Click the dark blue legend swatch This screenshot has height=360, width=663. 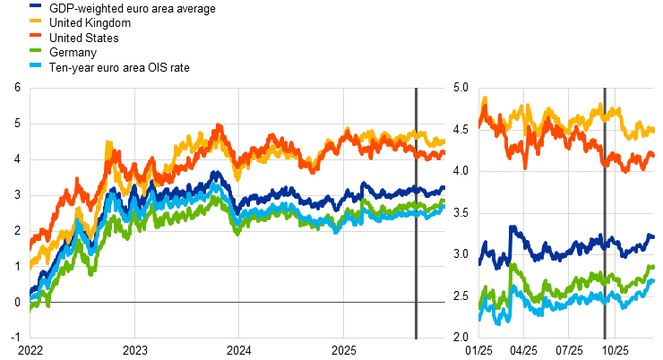(x=35, y=5)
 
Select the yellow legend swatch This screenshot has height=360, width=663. (x=35, y=20)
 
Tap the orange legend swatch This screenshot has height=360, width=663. (x=35, y=34)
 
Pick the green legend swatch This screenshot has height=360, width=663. (x=35, y=49)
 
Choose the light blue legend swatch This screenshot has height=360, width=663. (x=35, y=64)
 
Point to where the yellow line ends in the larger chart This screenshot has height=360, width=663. (x=443, y=141)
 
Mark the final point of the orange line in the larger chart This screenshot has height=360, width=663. (x=443, y=152)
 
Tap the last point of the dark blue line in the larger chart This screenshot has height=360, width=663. (x=443, y=188)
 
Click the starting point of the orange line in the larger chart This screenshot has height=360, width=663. (x=30, y=243)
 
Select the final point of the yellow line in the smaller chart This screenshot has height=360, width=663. (x=653, y=130)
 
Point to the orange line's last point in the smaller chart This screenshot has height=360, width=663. (x=653, y=154)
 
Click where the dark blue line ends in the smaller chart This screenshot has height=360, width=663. (x=653, y=236)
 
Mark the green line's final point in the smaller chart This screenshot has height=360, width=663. (x=653, y=266)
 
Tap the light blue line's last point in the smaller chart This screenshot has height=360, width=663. (x=653, y=280)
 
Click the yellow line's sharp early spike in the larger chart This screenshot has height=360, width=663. (x=108, y=142)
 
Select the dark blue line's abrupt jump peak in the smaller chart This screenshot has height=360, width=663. (x=511, y=227)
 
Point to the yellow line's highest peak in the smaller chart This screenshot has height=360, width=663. (x=485, y=98)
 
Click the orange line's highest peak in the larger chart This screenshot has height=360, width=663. (x=219, y=126)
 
